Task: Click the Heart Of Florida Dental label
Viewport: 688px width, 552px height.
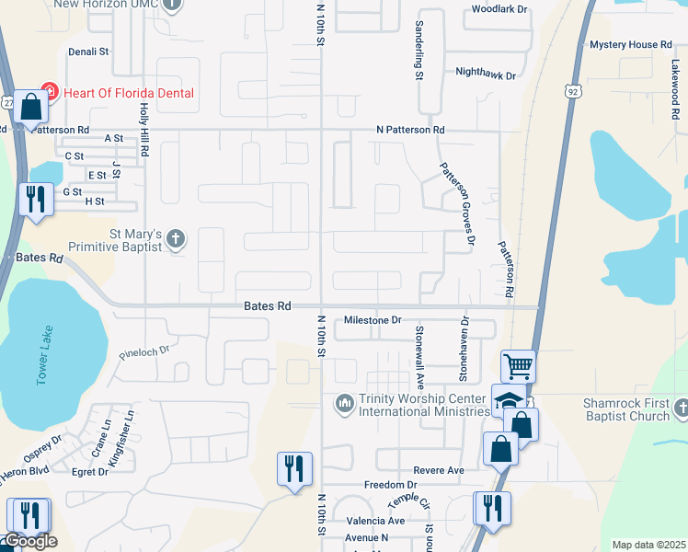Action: [x=129, y=93]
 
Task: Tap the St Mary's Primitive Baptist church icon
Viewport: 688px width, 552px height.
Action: [x=176, y=240]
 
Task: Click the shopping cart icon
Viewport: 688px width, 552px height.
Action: [x=518, y=366]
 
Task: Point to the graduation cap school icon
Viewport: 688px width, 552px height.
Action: [x=508, y=400]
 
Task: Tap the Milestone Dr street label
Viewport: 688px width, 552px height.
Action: [x=373, y=320]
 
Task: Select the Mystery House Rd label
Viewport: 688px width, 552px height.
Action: [x=631, y=44]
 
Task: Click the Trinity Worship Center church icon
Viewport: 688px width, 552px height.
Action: [x=345, y=403]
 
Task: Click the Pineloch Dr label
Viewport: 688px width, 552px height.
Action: [x=145, y=351]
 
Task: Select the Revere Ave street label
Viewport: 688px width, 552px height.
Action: [x=439, y=470]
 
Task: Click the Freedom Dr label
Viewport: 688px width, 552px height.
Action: [x=391, y=485]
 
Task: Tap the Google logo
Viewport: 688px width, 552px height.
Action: [x=30, y=541]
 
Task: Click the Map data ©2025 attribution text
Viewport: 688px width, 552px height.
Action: [x=648, y=545]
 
